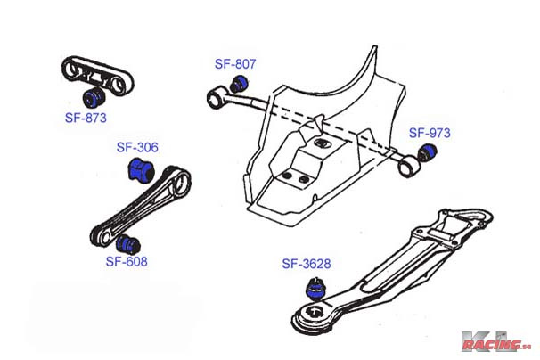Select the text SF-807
tap(235, 64)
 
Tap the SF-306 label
tap(136, 147)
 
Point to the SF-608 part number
tap(127, 262)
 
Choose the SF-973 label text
tap(430, 133)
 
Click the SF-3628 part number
tap(307, 264)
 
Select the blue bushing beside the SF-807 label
tap(239, 84)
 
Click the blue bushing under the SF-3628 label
tap(314, 289)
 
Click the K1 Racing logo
tap(495, 341)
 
